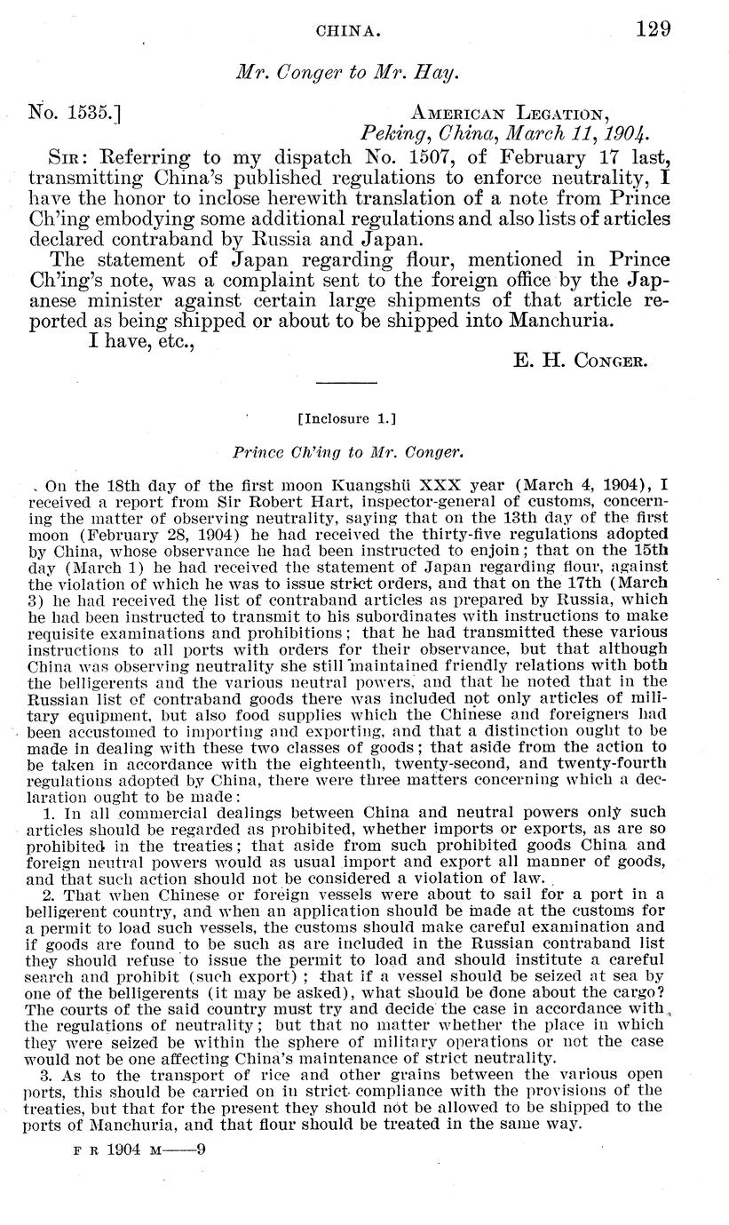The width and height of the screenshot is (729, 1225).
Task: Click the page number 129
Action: (653, 29)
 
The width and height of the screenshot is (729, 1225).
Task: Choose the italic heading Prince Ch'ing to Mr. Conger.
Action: (349, 452)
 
